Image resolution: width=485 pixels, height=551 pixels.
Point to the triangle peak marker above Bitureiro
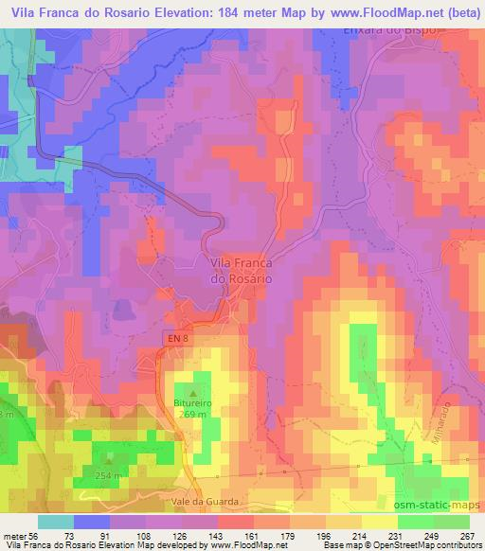pos(194,390)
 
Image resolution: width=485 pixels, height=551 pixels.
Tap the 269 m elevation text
pos(194,413)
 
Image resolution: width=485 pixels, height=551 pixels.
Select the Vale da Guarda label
pos(216,502)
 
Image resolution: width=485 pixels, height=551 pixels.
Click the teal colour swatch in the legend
pos(56,523)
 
